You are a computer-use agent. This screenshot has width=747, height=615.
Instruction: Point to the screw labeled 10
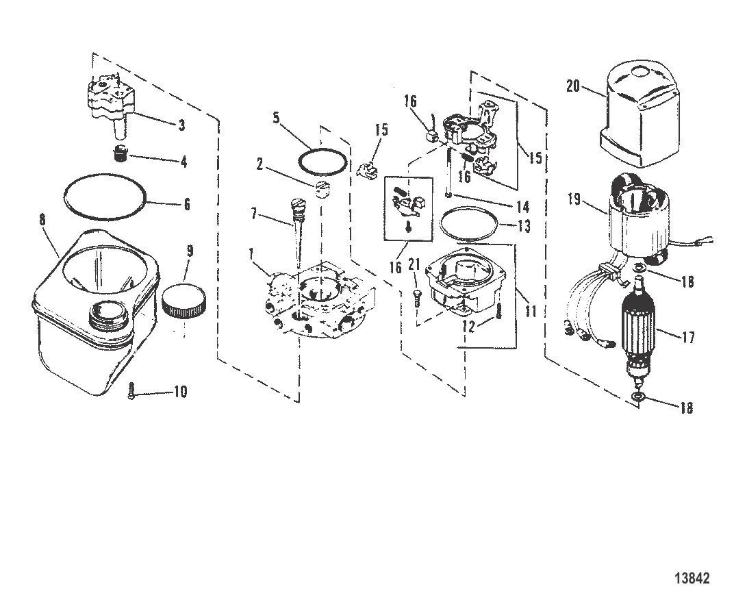pos(131,392)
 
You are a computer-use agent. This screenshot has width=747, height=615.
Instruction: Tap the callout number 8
pos(43,221)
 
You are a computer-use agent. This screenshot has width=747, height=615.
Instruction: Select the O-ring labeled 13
pos(468,225)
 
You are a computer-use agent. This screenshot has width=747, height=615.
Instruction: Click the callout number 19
pos(573,199)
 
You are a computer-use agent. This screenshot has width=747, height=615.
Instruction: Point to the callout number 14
pos(522,205)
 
